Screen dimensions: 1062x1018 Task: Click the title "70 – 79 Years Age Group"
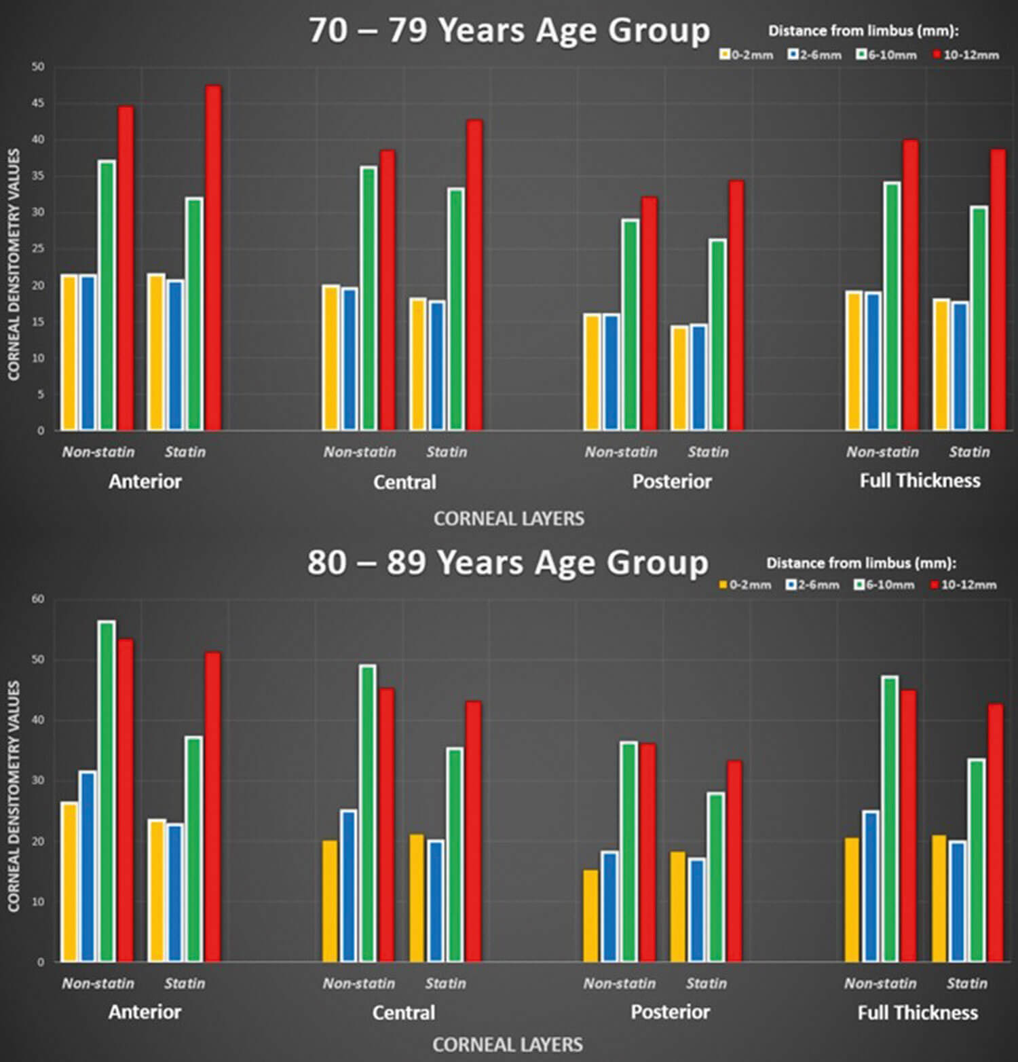509,31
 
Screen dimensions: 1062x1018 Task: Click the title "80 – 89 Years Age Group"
508,563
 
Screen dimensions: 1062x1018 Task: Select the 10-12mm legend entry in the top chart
966,55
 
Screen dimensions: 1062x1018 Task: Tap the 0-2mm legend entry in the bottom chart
745,585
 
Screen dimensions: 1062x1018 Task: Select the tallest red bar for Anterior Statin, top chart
213,258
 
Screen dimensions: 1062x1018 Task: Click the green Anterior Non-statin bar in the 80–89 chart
107,791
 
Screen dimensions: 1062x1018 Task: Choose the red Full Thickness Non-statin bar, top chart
910,285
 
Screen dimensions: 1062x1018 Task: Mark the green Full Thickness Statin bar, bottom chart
977,860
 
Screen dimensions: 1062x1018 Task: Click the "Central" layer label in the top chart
404,482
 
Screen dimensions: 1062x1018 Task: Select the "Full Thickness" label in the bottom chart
918,1013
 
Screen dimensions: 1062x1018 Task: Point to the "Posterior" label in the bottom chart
671,1012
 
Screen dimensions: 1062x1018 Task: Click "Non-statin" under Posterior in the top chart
621,452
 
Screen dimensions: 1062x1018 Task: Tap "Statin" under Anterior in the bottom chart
184,983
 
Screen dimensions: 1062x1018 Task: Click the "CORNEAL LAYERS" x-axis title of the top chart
509,519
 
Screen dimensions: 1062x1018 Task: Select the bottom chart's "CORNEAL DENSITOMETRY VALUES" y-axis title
14,796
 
